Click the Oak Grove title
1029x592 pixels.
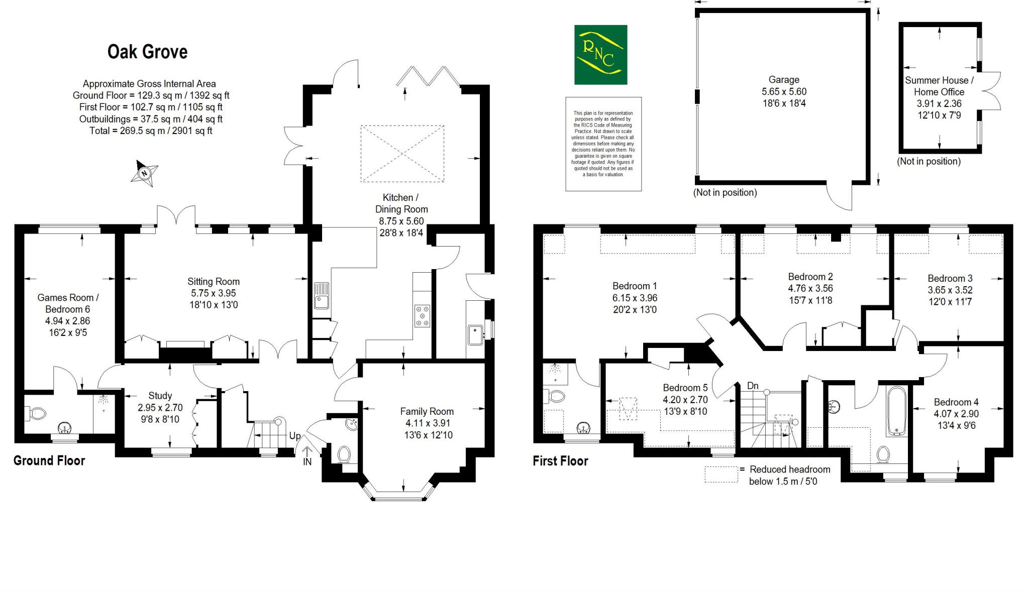coord(147,52)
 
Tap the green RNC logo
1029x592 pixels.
coord(600,55)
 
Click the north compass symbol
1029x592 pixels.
coord(145,174)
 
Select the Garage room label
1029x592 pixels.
coord(783,80)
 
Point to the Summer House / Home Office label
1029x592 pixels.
coord(939,86)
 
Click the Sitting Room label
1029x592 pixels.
coord(214,282)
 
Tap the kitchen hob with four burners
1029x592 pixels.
coord(422,316)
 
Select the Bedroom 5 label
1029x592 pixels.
coord(685,388)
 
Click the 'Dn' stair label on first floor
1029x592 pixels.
coord(753,386)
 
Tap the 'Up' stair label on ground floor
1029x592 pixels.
coord(294,436)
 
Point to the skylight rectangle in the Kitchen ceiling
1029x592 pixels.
coord(402,154)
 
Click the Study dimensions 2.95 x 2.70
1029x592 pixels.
coord(160,408)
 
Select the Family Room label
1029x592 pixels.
coord(427,411)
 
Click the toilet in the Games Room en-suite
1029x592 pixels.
coord(37,414)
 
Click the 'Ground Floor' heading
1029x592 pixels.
coord(49,460)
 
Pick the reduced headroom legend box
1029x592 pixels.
coord(721,475)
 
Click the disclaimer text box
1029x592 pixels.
coord(603,144)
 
